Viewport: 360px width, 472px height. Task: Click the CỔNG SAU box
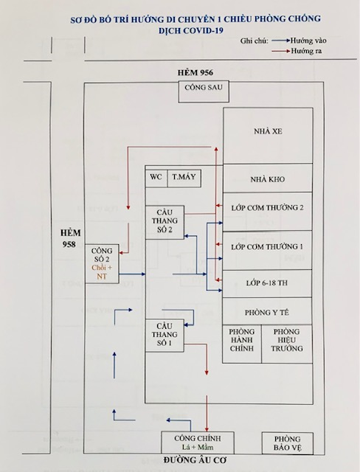click(x=204, y=91)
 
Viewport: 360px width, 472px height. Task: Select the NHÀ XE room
click(x=268, y=136)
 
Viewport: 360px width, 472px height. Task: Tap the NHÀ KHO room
click(x=268, y=178)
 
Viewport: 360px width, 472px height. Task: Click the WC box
click(x=156, y=178)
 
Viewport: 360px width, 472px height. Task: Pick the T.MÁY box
click(x=184, y=178)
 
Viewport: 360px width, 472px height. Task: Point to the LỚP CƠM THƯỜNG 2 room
click(x=267, y=212)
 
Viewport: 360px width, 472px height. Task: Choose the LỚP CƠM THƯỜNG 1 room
click(x=267, y=250)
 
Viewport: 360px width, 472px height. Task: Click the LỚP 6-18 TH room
click(x=267, y=283)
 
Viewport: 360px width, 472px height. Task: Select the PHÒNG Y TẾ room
click(x=267, y=311)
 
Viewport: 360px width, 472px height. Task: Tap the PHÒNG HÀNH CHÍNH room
click(x=242, y=344)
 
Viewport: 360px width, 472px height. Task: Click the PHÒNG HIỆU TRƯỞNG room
click(x=287, y=344)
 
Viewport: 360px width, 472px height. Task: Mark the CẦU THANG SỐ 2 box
click(x=165, y=223)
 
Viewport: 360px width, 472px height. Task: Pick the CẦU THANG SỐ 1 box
click(x=165, y=336)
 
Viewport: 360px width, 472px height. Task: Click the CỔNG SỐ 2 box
click(x=102, y=264)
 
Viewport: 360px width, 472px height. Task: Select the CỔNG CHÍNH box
click(x=198, y=442)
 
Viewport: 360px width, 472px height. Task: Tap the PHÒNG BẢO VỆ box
click(x=288, y=443)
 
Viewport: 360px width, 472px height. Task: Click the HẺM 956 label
click(x=195, y=72)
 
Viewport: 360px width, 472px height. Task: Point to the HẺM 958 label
click(x=70, y=238)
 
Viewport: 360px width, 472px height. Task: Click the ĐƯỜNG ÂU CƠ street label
click(x=195, y=460)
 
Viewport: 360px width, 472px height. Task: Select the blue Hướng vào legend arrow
click(x=281, y=41)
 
